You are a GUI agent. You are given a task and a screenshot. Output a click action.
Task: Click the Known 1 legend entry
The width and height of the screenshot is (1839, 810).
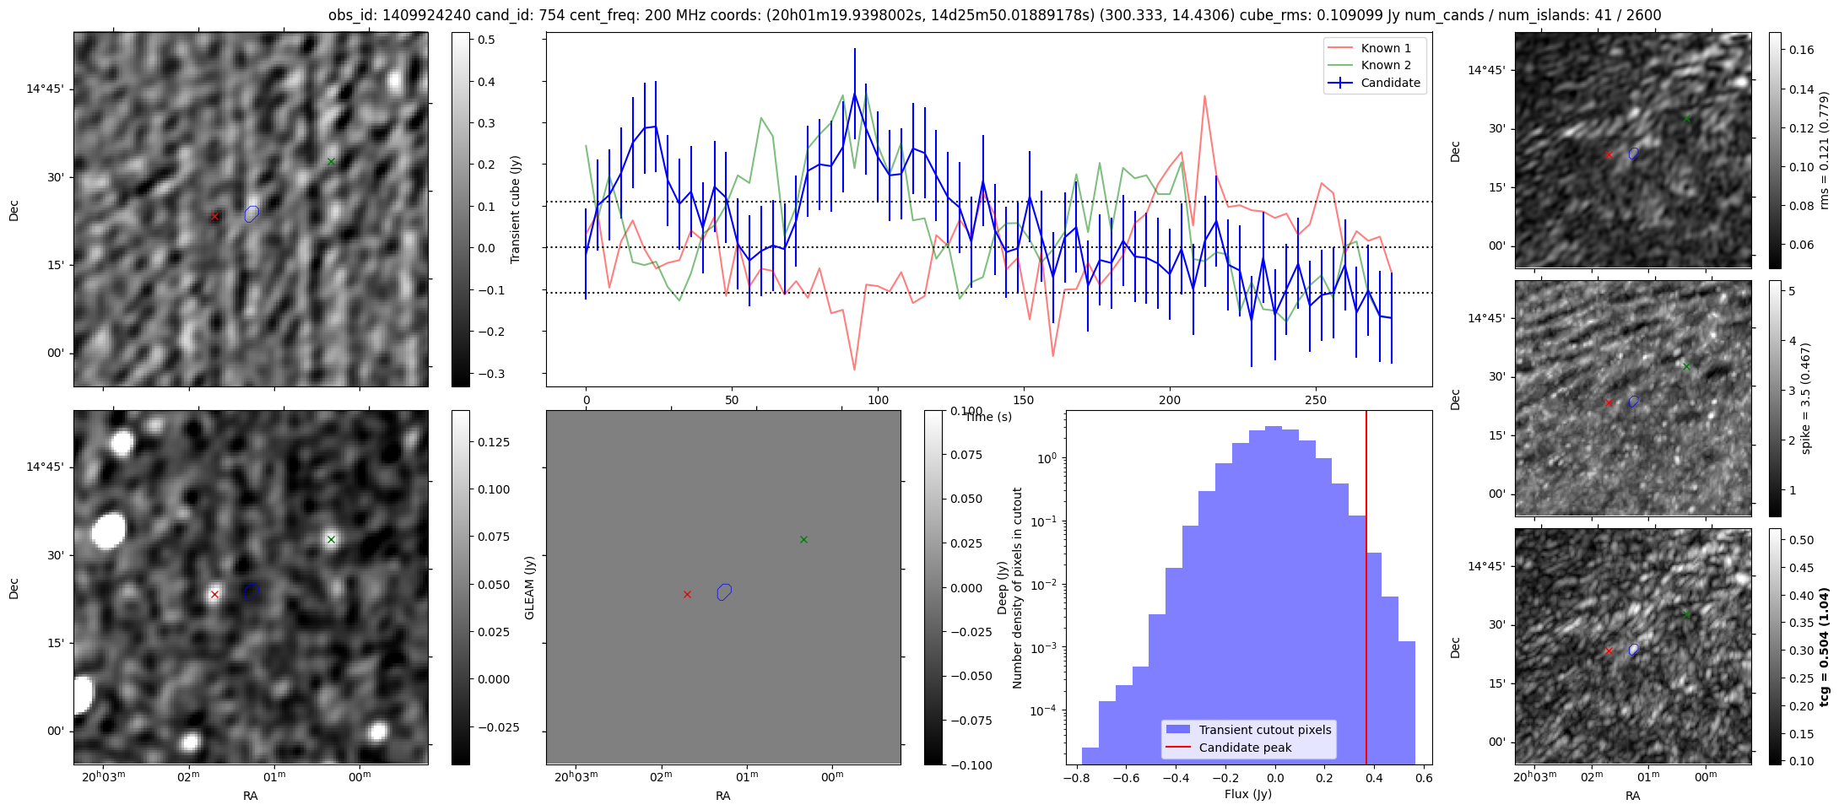(x=1385, y=48)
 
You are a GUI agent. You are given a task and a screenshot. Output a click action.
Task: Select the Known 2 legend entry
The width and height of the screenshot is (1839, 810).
(x=1385, y=65)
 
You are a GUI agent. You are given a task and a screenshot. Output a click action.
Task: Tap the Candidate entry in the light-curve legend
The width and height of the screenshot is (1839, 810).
(x=1390, y=83)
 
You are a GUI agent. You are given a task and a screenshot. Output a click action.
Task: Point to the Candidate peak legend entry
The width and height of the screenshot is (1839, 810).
(x=1245, y=748)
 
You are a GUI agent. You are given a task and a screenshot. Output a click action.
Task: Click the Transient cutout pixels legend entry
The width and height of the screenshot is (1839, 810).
(x=1264, y=730)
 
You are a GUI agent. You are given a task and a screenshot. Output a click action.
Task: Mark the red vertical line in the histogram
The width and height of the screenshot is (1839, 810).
(x=1366, y=591)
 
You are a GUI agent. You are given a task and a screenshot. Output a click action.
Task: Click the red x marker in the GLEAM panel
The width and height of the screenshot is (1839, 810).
(x=687, y=595)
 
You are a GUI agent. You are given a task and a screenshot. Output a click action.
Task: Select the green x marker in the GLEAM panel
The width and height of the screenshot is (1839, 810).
(x=803, y=539)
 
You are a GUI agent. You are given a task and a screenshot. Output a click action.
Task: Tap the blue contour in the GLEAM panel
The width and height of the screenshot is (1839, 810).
(x=724, y=591)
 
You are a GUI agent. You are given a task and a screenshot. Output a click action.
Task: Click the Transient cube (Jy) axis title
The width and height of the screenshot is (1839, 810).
(x=516, y=209)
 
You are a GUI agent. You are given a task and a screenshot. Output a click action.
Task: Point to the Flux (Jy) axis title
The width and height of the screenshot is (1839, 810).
(x=1248, y=794)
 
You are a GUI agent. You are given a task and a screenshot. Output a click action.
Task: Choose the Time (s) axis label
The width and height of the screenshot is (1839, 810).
(x=988, y=417)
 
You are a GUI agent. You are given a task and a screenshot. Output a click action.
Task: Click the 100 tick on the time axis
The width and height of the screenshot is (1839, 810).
(x=878, y=400)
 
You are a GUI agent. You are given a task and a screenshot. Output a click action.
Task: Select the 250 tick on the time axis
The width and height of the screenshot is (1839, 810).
(x=1316, y=400)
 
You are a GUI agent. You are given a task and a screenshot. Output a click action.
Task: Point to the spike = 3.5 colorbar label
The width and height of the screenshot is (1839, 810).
(x=1805, y=398)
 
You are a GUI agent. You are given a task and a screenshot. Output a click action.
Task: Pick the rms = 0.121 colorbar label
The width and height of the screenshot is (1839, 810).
(x=1824, y=150)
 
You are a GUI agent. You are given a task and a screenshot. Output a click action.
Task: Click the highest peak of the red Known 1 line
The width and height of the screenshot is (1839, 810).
(x=1204, y=95)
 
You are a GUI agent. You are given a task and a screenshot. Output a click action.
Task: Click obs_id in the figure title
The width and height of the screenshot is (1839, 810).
(x=351, y=15)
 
